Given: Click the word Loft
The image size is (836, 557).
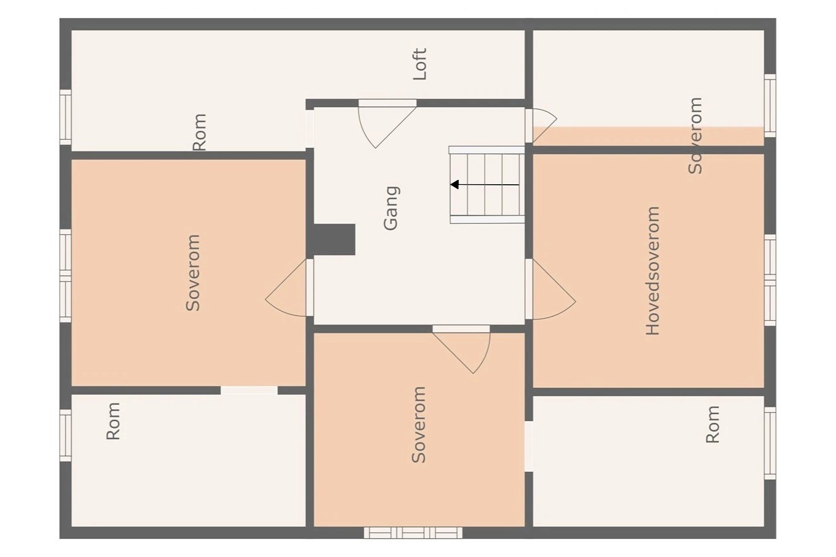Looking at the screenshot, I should (420, 64).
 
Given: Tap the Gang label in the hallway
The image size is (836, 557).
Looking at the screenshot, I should (390, 208).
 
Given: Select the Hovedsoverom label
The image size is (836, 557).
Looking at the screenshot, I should (652, 271).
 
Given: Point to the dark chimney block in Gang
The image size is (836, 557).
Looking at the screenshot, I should (333, 239).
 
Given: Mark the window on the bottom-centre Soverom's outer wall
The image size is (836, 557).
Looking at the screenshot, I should (413, 533).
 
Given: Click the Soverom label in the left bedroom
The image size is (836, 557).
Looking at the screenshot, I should (193, 273).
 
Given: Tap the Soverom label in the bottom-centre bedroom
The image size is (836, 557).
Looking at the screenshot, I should (419, 424).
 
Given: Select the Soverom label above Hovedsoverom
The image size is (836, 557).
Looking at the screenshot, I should (694, 135).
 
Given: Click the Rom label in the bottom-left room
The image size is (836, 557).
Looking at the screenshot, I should (113, 421).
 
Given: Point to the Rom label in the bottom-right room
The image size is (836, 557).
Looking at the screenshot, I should (713, 424).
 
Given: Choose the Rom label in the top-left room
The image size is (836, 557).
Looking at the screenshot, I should (199, 132).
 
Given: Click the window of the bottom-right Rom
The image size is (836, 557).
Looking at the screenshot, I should (770, 443).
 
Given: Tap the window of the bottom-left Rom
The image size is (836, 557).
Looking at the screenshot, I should (65, 435).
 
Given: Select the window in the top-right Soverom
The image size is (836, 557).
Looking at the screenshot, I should (770, 105).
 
